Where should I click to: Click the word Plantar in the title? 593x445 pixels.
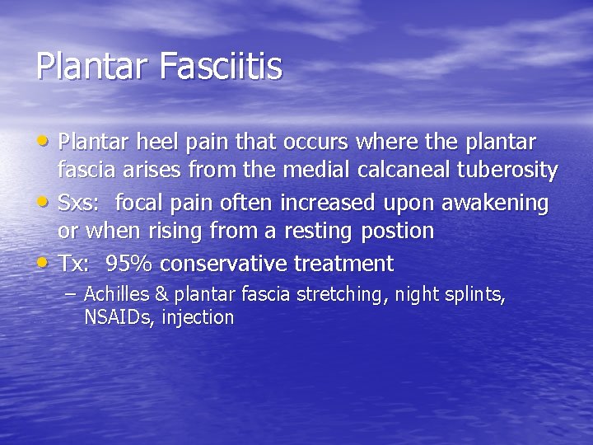89,66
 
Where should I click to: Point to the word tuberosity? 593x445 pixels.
516,171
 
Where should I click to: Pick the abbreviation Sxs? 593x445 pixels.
80,202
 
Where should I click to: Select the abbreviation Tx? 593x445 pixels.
75,264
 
